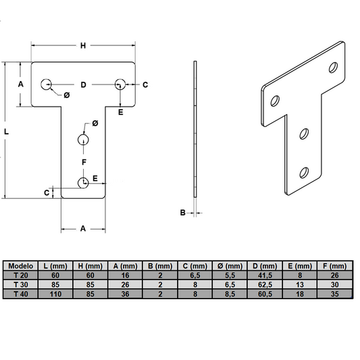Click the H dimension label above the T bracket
point(83,46)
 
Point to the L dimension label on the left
point(6,132)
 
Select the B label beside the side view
point(182,213)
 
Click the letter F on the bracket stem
point(83,163)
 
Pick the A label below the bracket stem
point(83,229)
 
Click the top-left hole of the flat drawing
point(46,84)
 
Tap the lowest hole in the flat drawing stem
point(82,182)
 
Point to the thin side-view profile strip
point(195,128)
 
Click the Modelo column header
point(21,266)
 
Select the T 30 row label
point(21,285)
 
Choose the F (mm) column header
point(337,266)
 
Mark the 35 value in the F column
point(337,294)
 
